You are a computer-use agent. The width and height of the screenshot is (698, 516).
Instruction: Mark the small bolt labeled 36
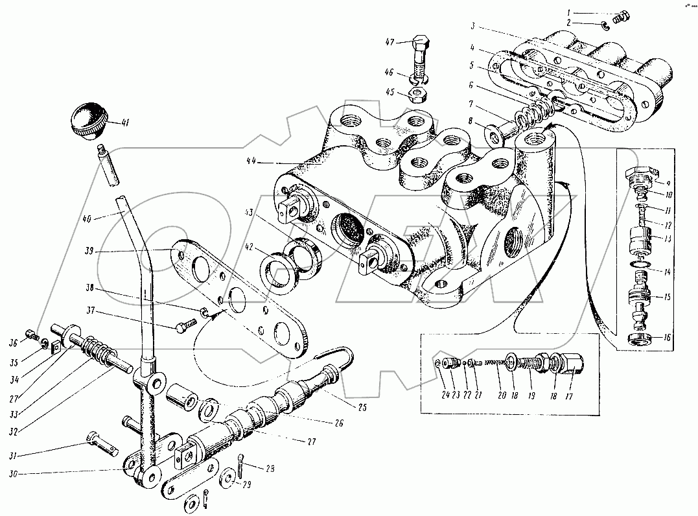point(30,335)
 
